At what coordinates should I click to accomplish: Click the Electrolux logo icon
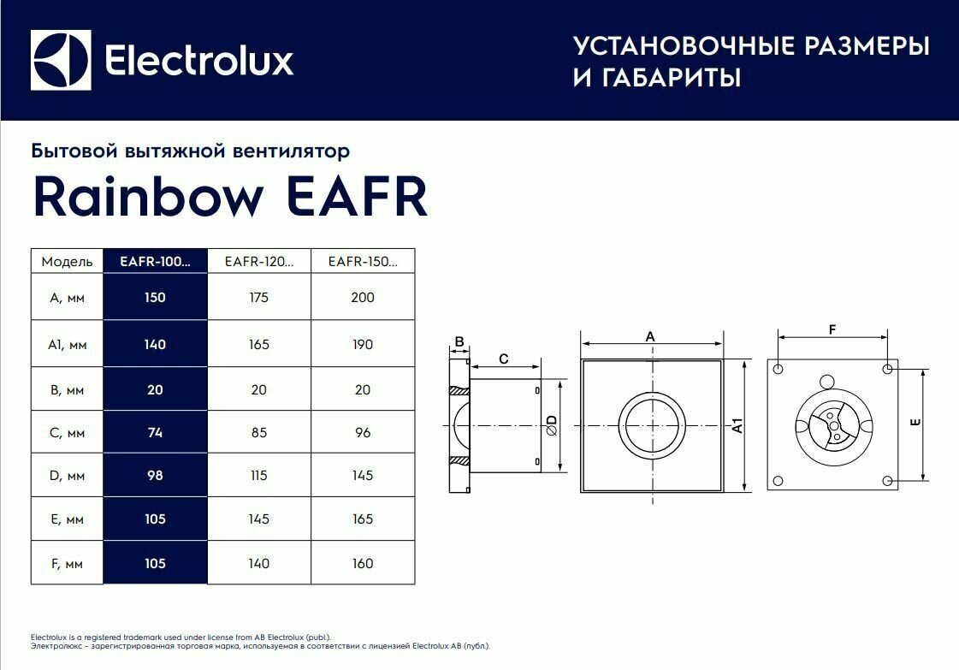pos(60,60)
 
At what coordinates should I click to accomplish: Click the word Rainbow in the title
pos(148,198)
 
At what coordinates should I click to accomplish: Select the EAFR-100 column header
pos(155,262)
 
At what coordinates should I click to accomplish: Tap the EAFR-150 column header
pos(363,262)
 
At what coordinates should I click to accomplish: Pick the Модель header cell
pos(67,262)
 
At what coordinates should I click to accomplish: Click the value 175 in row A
pos(258,298)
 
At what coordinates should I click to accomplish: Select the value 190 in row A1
pos(363,344)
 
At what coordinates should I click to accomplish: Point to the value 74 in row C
pos(155,432)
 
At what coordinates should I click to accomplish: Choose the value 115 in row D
pos(258,476)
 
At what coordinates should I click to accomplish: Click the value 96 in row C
pos(363,432)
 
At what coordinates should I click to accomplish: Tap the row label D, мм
pos(67,476)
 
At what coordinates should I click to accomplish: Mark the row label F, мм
pos(67,563)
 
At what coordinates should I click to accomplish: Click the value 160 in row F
pos(363,563)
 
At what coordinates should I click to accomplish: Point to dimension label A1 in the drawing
pos(737,425)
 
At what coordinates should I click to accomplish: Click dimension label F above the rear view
pos(832,329)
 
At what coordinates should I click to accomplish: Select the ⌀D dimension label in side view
pos(551,425)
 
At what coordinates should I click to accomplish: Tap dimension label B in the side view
pos(459,342)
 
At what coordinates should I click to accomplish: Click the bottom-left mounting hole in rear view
pos(778,480)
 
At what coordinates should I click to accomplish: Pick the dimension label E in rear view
pos(915,424)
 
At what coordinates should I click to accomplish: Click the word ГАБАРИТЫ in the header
pos(667,78)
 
